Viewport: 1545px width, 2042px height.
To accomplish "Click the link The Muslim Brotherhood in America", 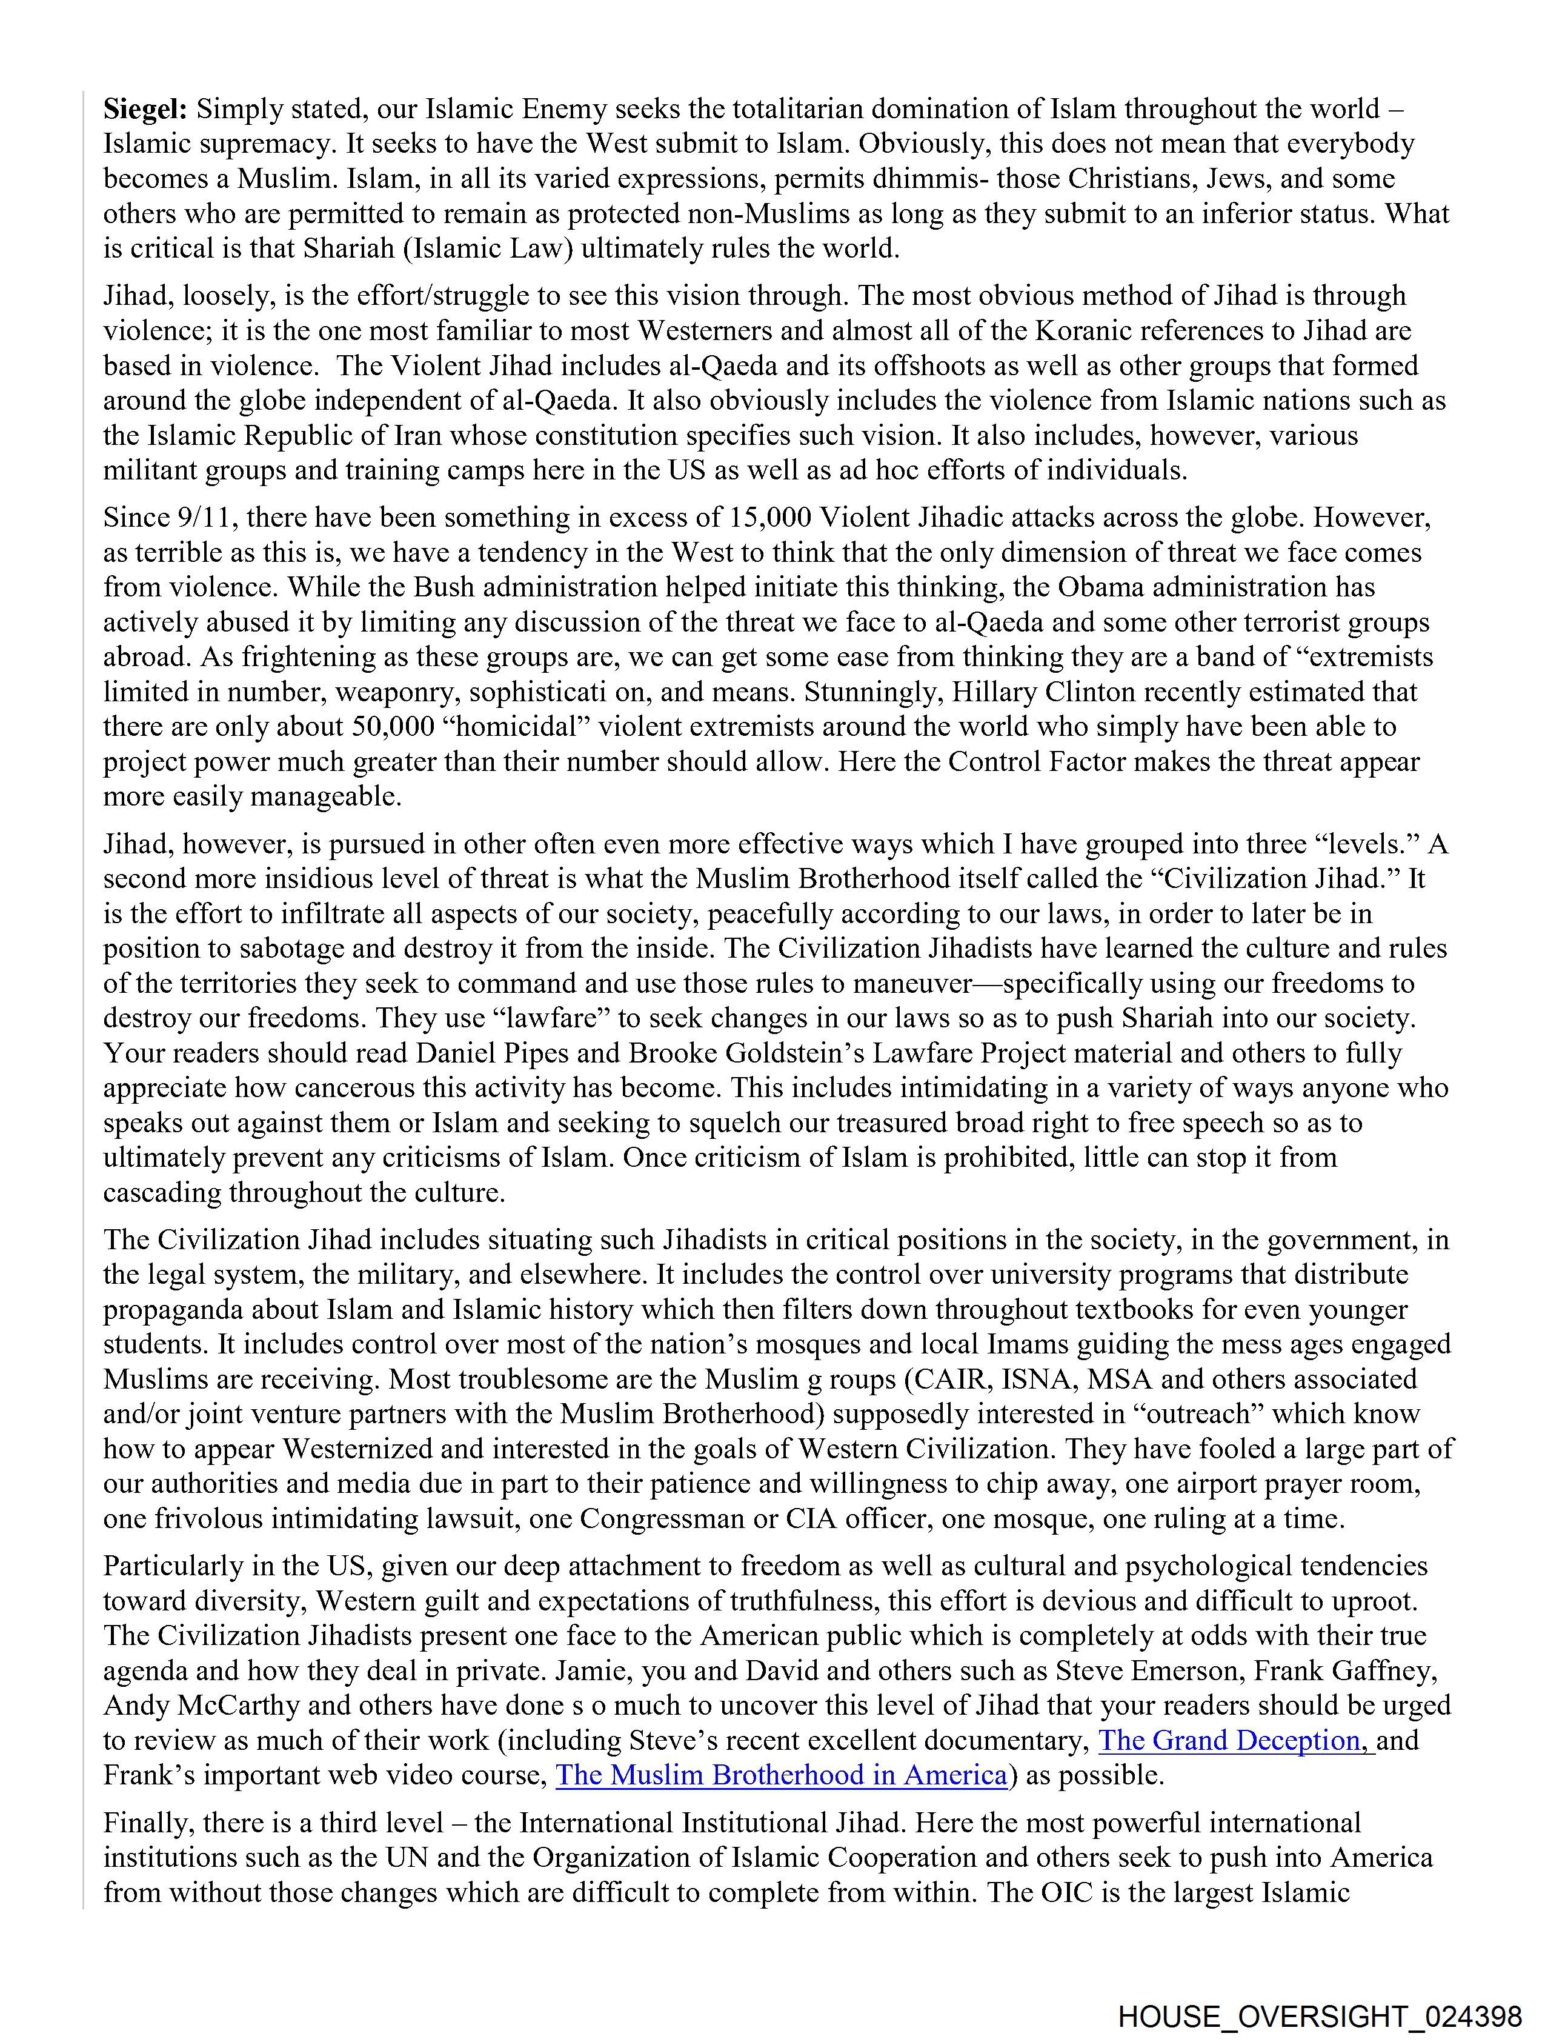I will pos(781,1775).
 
